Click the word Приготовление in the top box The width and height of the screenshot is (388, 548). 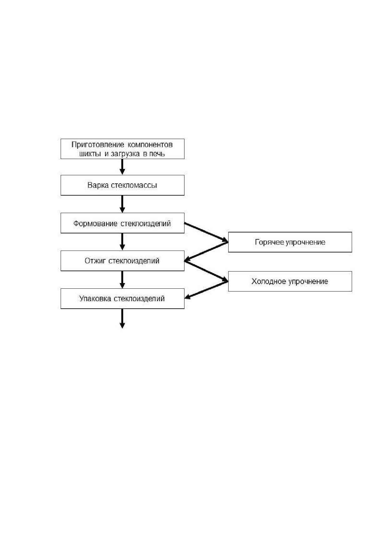click(98, 145)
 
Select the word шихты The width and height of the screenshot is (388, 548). click(91, 154)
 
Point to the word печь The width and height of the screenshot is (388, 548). click(157, 154)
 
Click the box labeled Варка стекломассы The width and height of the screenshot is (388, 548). click(123, 185)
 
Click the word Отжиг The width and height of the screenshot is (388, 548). click(95, 261)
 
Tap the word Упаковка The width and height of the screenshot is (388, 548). click(95, 299)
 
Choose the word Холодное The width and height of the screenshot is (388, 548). click(269, 281)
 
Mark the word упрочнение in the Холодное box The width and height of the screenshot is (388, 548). click(308, 282)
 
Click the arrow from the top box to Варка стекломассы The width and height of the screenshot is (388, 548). click(123, 167)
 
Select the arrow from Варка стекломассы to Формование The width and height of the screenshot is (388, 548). click(123, 204)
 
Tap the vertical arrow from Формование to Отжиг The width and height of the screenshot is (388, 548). click(123, 242)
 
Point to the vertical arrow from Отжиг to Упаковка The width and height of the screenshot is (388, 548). click(123, 279)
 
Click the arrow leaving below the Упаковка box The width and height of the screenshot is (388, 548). click(123, 318)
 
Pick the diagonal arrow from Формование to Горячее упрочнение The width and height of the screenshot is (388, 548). click(206, 232)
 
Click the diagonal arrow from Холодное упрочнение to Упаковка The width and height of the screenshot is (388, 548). click(206, 289)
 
